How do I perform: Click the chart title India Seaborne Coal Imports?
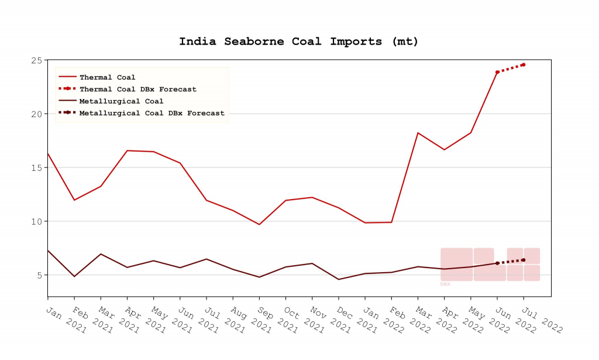tap(298, 42)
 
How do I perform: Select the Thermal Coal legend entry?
tap(107, 77)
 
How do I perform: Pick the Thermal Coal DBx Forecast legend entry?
tap(137, 89)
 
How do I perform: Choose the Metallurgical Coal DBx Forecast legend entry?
tap(152, 113)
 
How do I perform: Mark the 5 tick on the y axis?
tap(39, 275)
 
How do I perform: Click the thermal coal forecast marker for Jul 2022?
tap(524, 64)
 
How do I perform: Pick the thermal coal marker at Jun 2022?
tap(497, 72)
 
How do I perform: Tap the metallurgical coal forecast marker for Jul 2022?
tap(524, 260)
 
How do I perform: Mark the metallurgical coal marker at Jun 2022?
tap(497, 263)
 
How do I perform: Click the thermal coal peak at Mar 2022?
tap(418, 133)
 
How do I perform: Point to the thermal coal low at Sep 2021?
tap(259, 224)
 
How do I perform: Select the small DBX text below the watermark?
tap(445, 284)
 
